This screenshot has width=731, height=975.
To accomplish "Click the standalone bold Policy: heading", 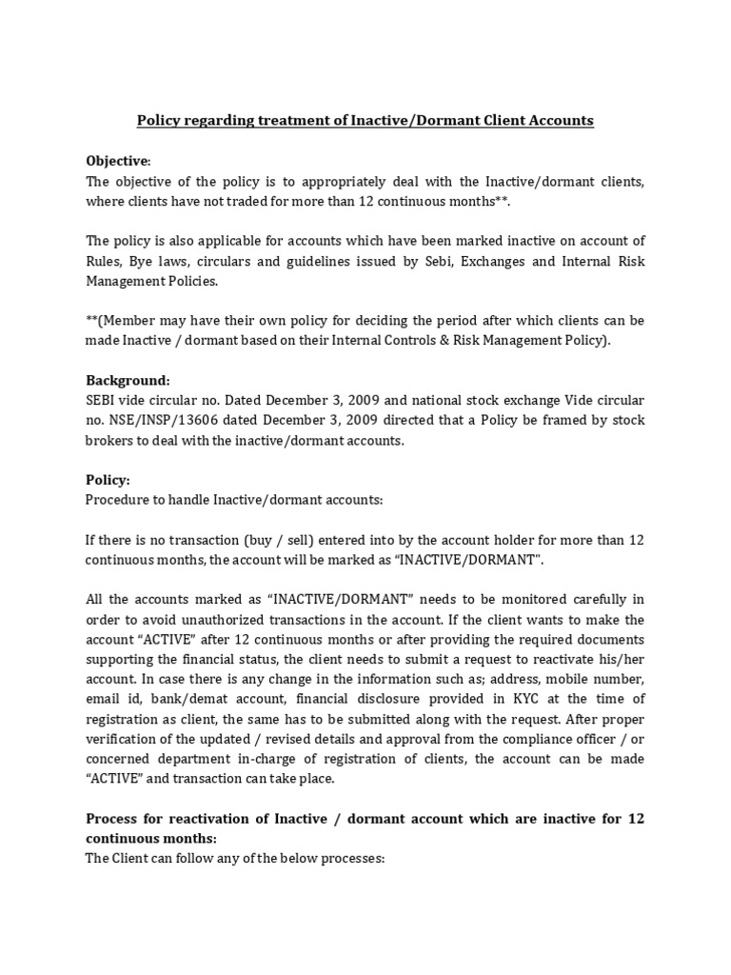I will click(x=108, y=480).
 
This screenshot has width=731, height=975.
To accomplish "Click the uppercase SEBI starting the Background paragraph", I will click(x=103, y=400).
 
